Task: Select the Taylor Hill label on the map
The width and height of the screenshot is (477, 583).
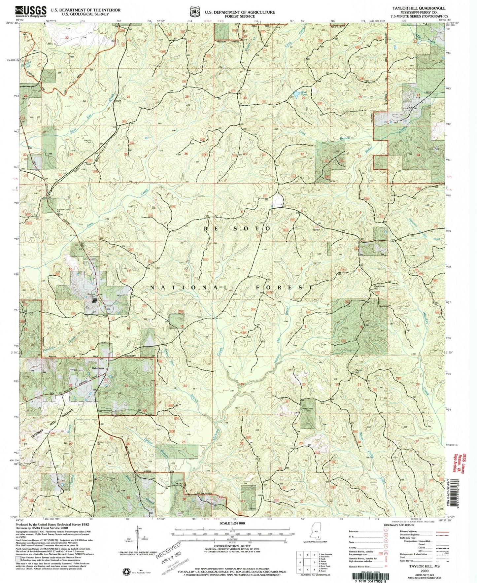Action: pos(359,371)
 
